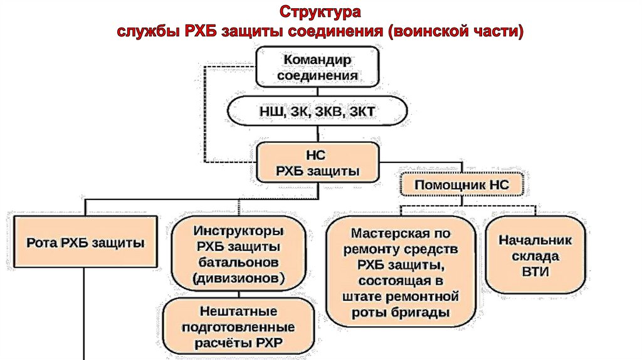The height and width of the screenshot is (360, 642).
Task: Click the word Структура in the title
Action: click(x=320, y=13)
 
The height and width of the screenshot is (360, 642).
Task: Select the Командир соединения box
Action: click(x=318, y=67)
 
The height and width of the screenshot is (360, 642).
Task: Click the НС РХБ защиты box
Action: click(x=318, y=162)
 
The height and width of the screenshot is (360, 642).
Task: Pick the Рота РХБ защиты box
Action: click(x=85, y=242)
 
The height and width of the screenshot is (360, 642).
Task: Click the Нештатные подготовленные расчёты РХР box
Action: click(x=238, y=326)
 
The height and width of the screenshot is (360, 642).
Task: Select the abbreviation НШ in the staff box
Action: click(x=271, y=113)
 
